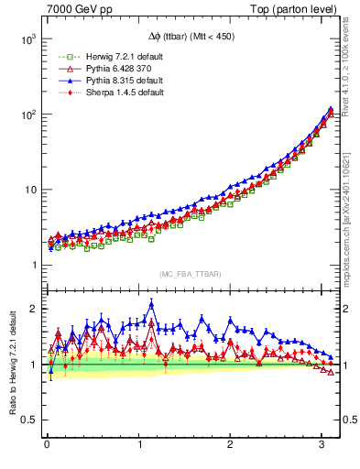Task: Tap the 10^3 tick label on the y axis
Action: point(26,39)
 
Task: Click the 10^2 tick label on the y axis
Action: point(26,115)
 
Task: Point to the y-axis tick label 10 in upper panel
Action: point(27,190)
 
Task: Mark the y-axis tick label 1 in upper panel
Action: point(32,265)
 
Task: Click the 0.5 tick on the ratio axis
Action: point(27,420)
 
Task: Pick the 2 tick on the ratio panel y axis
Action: point(32,309)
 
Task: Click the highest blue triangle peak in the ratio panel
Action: point(151,305)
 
